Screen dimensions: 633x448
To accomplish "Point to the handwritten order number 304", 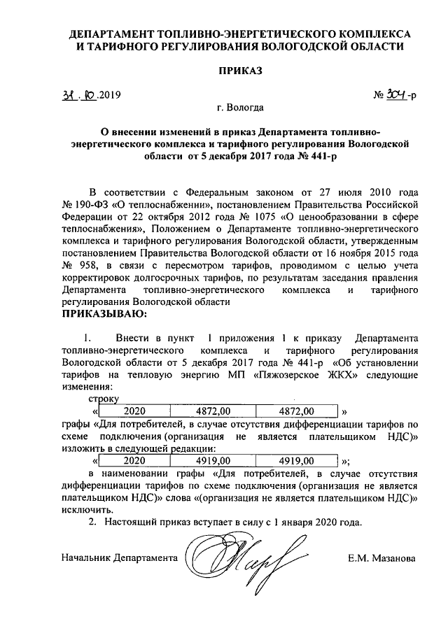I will (x=396, y=94).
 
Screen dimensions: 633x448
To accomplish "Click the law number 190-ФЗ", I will (x=89, y=204).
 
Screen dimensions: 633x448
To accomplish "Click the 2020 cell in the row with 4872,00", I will (x=134, y=411).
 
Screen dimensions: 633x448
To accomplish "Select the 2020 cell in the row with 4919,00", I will (x=134, y=461).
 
